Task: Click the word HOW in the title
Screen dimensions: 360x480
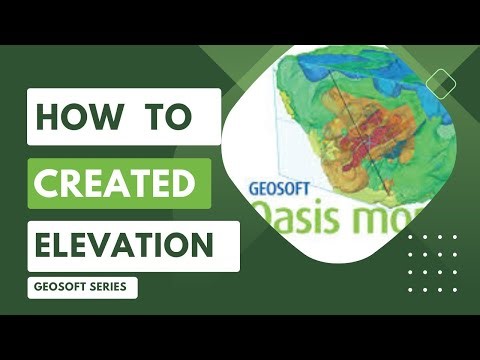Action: pos(76,117)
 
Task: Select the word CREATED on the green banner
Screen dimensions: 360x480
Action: pos(115,183)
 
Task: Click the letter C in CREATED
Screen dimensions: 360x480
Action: pos(48,183)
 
